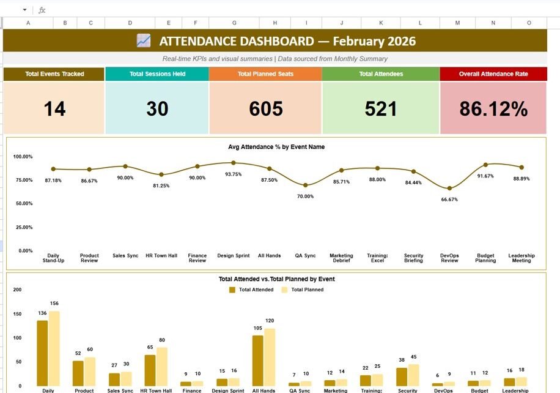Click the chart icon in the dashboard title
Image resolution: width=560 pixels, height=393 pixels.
click(x=144, y=41)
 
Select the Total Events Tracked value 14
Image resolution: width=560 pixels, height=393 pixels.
click(x=54, y=109)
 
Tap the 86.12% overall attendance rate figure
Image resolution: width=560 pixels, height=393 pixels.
click(x=493, y=109)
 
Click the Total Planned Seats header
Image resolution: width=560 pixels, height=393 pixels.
click(x=265, y=74)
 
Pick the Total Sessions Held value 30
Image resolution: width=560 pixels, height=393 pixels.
click(x=157, y=109)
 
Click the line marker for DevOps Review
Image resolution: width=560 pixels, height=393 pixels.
click(x=450, y=189)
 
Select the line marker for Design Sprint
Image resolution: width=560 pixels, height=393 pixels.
click(x=234, y=163)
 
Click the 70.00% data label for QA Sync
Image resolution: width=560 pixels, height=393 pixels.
click(x=305, y=196)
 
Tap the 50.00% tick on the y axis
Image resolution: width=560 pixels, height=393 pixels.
click(x=23, y=203)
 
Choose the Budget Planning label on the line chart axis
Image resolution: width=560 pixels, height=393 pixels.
click(x=485, y=258)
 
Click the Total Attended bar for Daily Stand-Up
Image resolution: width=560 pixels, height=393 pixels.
click(x=42, y=353)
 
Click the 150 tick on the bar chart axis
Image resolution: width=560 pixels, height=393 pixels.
click(x=17, y=314)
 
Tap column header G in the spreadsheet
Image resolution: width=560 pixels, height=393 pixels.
click(x=234, y=23)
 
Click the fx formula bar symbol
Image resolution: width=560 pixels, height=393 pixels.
click(x=42, y=10)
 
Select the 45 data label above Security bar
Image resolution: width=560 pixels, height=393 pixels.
click(x=413, y=357)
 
